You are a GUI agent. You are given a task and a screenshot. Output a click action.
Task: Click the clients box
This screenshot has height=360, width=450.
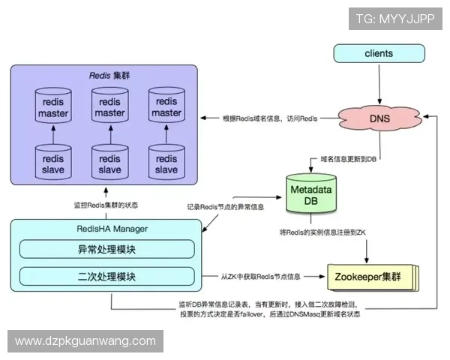[379, 54]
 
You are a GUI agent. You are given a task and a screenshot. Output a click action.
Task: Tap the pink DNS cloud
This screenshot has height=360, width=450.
[379, 118]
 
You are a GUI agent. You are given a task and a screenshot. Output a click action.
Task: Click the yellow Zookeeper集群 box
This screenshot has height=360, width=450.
[370, 277]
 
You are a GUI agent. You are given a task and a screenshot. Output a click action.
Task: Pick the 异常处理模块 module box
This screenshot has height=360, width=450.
[106, 249]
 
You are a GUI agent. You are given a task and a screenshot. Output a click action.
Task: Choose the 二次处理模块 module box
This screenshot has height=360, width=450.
[106, 277]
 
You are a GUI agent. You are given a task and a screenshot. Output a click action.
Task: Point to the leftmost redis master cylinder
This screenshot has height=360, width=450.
[52, 107]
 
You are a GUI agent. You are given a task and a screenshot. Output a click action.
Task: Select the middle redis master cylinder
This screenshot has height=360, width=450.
[109, 107]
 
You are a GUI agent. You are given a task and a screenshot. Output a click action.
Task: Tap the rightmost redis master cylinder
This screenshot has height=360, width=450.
[166, 107]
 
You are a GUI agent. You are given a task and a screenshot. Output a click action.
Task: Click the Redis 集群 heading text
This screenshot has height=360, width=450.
[106, 76]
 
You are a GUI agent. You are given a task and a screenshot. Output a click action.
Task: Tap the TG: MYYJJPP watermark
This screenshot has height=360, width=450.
[395, 19]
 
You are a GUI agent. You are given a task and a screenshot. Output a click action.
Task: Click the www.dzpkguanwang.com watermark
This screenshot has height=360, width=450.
[85, 341]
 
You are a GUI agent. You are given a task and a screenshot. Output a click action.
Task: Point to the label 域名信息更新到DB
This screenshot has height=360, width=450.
[348, 160]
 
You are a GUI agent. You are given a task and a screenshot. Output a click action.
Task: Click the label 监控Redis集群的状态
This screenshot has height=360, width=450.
[106, 205]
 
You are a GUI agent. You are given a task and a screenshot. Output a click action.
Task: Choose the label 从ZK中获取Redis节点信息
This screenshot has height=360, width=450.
[260, 277]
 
